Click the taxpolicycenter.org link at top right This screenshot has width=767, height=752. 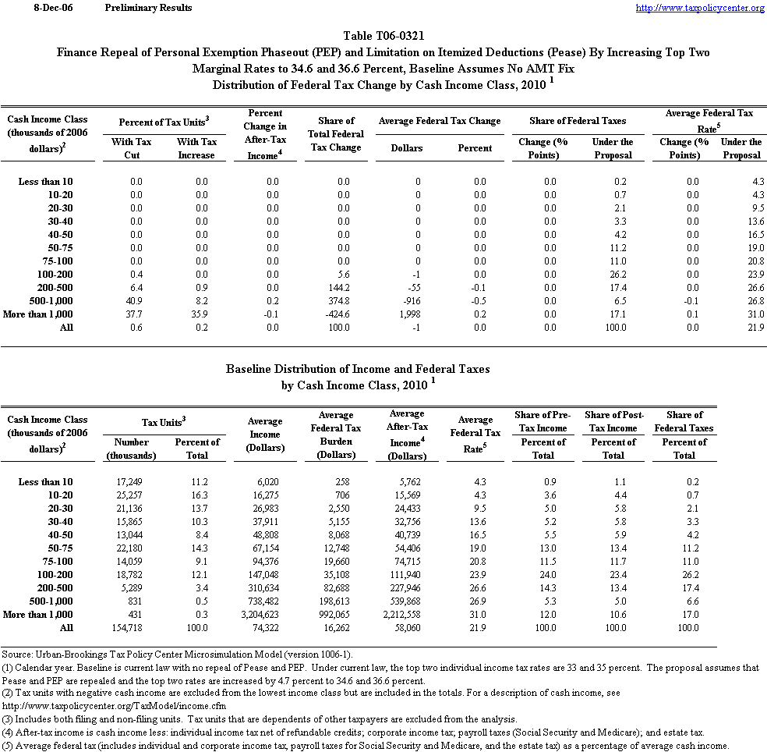[x=700, y=8]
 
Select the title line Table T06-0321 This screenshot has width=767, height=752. [x=383, y=36]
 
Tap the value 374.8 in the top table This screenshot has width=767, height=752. [x=337, y=301]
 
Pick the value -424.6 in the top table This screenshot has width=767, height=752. [x=335, y=314]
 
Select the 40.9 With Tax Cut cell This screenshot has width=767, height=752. [x=134, y=301]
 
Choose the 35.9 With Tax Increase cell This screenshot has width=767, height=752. [x=199, y=314]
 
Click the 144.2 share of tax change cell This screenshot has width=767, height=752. [x=337, y=288]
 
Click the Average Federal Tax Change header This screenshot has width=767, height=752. [x=440, y=121]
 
